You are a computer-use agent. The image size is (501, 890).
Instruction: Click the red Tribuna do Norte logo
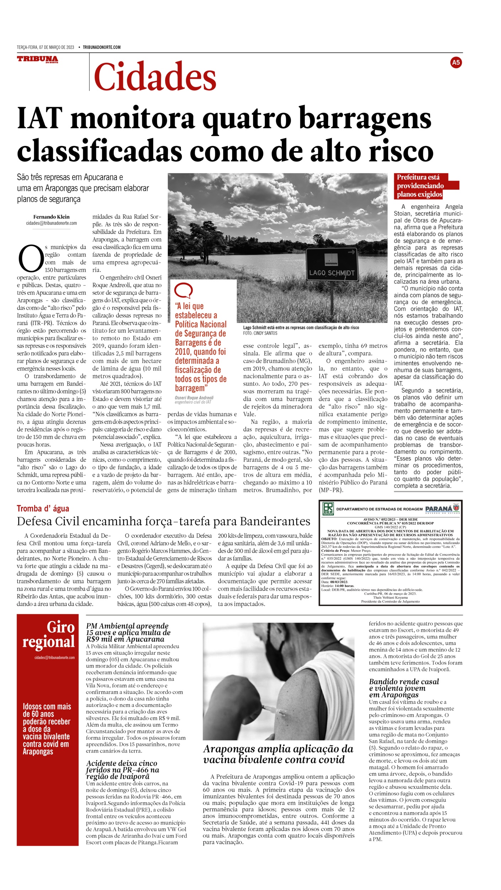(37, 59)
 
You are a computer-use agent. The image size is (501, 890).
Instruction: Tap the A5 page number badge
(455, 63)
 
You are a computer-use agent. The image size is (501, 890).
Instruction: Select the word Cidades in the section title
(155, 77)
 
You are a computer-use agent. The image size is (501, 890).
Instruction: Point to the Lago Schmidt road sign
(332, 264)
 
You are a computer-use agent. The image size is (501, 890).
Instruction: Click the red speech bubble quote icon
(183, 291)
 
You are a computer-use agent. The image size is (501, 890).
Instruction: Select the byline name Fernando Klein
(51, 217)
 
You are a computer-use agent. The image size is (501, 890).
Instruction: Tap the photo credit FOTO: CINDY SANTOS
(260, 333)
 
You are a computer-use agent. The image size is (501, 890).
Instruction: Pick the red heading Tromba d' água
(43, 508)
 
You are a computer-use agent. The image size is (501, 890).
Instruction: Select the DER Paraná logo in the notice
(328, 509)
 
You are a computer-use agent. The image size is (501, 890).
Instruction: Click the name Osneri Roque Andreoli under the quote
(194, 398)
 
